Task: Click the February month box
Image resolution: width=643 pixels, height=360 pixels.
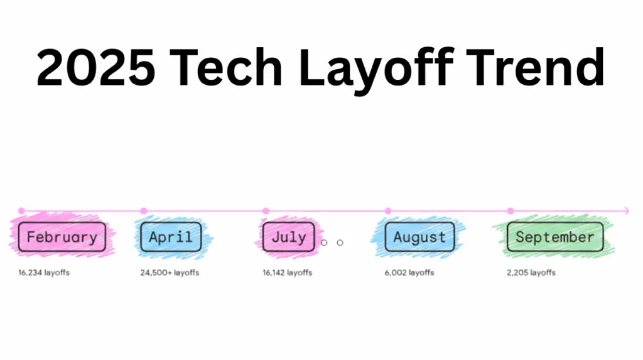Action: [62, 237]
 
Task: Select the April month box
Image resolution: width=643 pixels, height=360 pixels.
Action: [171, 237]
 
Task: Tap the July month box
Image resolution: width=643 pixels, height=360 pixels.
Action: [289, 237]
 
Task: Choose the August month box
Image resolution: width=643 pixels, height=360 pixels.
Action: [419, 237]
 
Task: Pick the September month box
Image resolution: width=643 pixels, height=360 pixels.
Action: [555, 237]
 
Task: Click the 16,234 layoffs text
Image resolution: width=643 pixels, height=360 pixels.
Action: [44, 273]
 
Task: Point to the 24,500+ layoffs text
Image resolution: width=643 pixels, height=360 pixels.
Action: [170, 273]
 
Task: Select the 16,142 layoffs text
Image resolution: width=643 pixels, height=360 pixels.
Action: [288, 273]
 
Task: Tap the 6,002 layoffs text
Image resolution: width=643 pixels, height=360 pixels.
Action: [409, 273]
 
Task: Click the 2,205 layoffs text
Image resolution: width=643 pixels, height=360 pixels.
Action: [531, 273]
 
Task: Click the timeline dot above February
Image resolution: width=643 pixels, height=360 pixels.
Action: [21, 211]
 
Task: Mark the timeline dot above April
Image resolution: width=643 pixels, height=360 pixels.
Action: [144, 211]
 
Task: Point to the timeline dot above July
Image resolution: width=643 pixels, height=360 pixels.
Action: [266, 211]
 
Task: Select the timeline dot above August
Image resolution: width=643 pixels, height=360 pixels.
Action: [388, 211]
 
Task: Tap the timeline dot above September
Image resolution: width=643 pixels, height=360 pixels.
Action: [510, 211]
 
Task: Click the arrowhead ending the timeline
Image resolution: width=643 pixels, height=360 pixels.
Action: [627, 211]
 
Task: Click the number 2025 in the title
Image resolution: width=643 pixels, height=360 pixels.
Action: [95, 67]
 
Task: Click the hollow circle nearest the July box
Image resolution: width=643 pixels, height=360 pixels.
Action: [324, 243]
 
